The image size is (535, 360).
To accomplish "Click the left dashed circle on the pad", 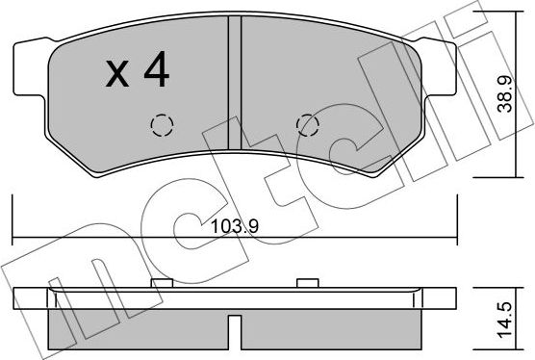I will click(160, 126).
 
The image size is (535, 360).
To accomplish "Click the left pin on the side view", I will click(160, 282).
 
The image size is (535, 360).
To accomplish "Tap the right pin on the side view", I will click(307, 282).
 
